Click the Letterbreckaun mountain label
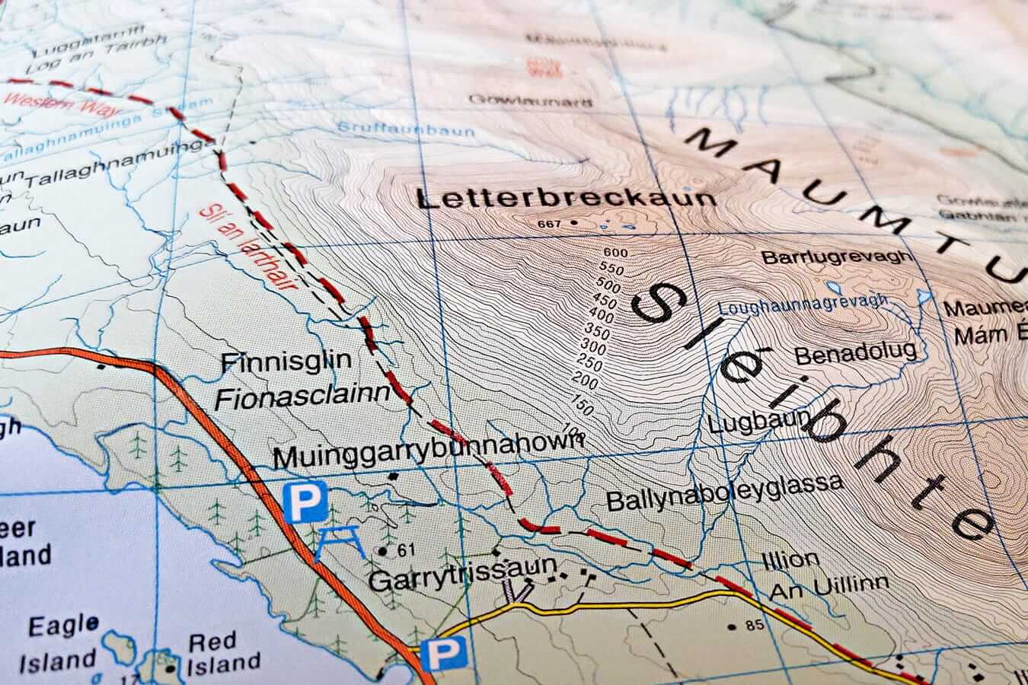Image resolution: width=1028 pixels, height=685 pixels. tap(567, 199)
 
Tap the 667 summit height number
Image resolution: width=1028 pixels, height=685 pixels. tap(548, 224)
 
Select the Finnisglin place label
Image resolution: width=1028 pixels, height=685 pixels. tap(284, 362)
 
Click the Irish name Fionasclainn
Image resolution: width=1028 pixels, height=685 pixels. tap(308, 395)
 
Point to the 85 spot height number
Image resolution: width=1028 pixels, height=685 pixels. tap(755, 626)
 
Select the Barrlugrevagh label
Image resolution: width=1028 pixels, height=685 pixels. tap(837, 256)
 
